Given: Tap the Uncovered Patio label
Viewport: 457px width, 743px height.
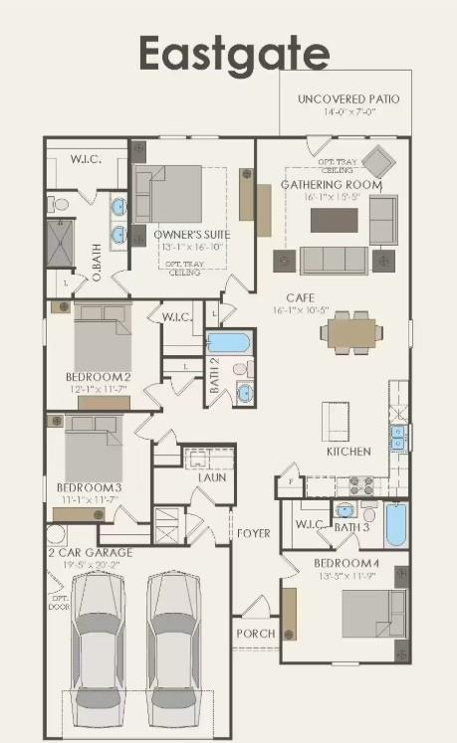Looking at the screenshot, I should click(x=347, y=99).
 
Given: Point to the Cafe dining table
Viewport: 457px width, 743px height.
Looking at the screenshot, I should click(x=353, y=331).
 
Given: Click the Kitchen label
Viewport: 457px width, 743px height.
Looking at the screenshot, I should click(x=348, y=452).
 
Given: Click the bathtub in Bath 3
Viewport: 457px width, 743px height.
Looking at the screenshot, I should click(x=395, y=524).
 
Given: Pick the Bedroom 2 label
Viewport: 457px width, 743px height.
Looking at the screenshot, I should click(x=98, y=377).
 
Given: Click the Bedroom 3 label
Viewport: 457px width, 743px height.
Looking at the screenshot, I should click(x=89, y=486).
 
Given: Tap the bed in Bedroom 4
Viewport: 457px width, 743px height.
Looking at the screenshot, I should click(x=374, y=614).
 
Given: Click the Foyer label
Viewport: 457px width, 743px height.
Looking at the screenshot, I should click(x=253, y=534).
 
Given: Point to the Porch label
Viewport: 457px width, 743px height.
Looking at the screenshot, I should click(x=255, y=634).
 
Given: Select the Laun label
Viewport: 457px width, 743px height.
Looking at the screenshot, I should click(x=211, y=477).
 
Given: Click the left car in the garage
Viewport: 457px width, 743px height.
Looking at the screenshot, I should click(x=98, y=647).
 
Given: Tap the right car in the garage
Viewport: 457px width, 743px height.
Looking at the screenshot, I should click(x=174, y=647).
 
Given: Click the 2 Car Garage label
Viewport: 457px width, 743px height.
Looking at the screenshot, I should click(x=91, y=552).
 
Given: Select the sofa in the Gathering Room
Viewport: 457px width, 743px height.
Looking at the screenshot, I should click(x=333, y=261).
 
